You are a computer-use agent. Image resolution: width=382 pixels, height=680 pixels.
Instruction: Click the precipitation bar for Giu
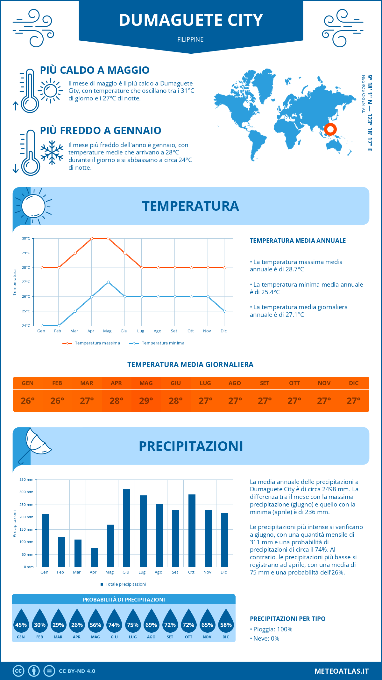127,528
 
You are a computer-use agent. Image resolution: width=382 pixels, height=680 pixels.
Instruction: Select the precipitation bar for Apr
94,557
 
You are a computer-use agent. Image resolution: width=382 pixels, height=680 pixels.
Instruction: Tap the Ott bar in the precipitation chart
192,531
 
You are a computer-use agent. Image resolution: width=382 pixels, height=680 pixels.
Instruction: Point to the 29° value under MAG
146,401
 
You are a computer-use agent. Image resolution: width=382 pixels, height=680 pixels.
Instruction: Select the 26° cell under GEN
28,401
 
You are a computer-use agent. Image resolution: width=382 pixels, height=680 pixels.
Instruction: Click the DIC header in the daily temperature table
354,383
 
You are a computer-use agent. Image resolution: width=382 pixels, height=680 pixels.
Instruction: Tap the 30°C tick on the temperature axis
26,238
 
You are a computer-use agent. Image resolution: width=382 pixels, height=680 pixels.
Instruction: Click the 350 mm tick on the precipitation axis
26,479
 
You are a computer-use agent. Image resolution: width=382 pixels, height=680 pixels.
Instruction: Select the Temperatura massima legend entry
92,343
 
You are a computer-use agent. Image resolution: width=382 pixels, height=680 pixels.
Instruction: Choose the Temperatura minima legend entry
157,343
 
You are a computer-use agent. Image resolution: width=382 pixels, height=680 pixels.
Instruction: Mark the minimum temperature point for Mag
109,282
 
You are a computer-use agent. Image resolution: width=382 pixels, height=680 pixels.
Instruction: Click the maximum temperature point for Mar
75,253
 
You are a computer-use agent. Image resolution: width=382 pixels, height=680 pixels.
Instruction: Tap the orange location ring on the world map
330,129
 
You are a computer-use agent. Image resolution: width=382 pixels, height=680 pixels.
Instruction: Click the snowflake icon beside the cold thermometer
52,153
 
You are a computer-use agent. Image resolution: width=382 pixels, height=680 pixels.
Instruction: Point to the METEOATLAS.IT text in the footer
342,671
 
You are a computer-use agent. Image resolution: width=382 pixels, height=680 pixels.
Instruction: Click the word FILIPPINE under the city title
190,39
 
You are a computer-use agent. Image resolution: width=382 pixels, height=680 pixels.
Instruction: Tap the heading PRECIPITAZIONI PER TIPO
287,619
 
